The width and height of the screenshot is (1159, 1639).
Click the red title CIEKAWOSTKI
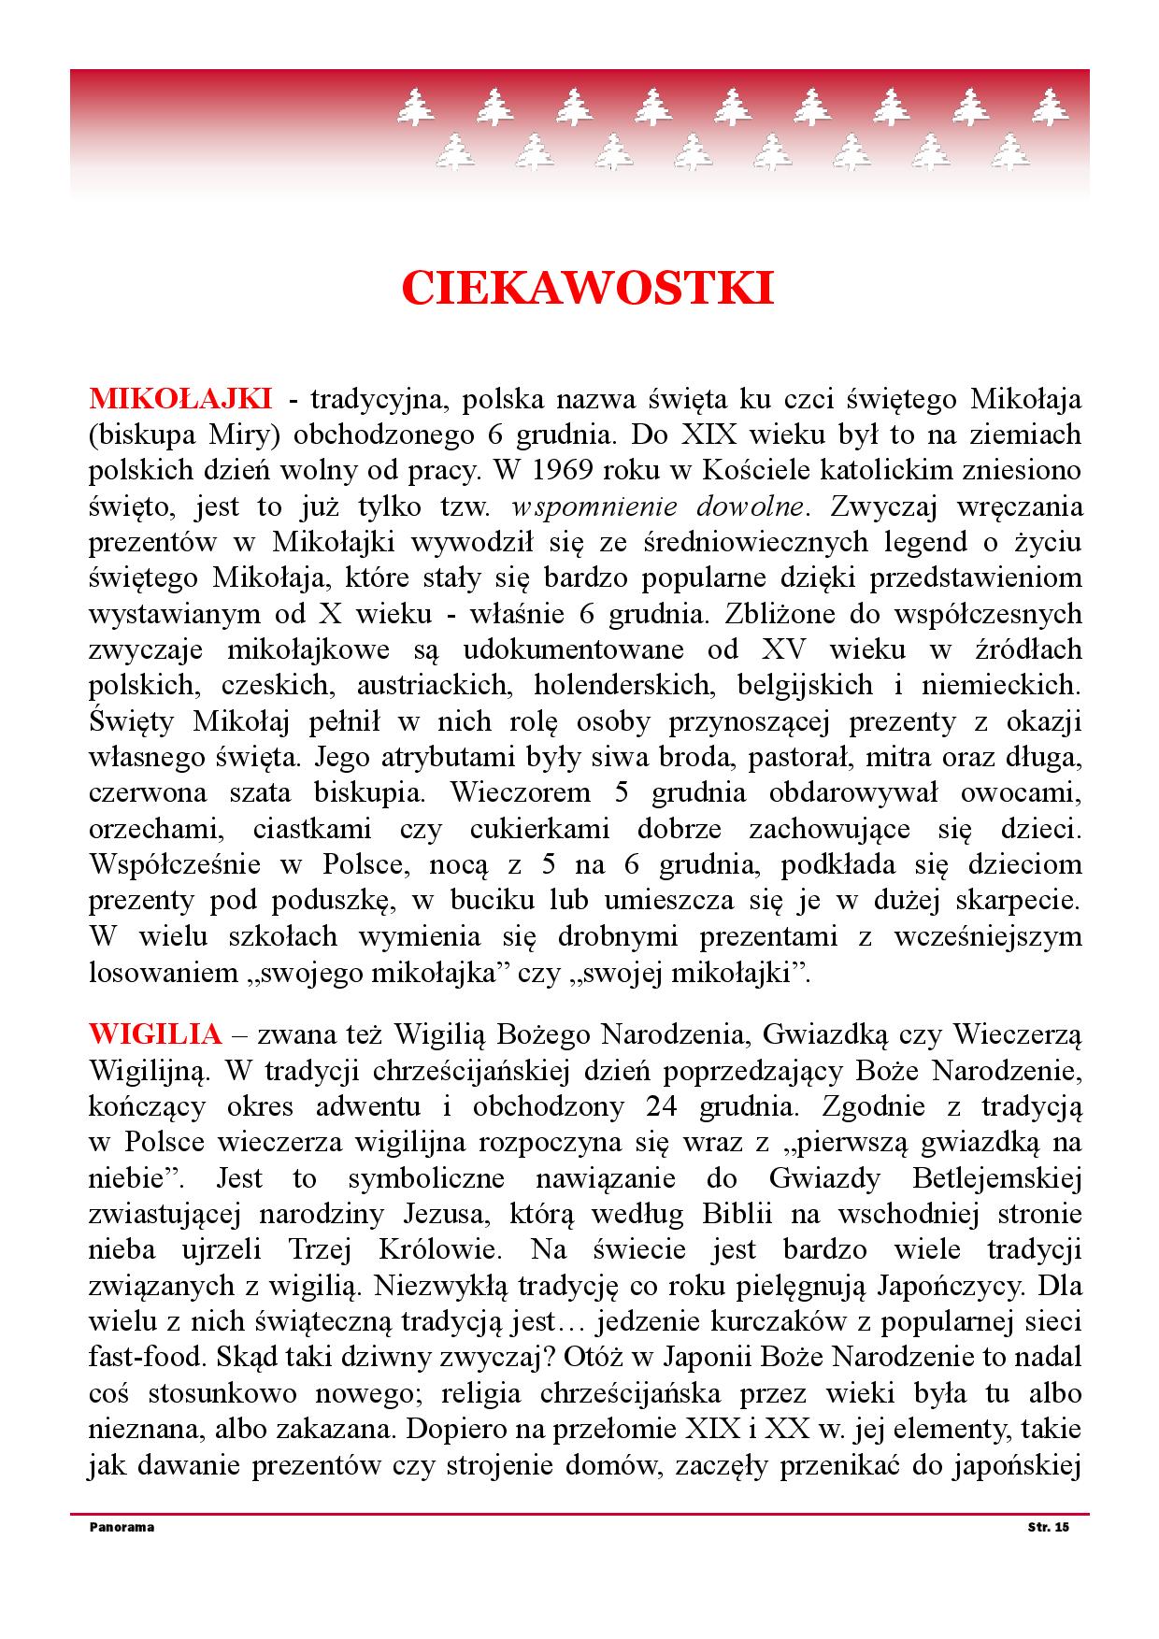587,288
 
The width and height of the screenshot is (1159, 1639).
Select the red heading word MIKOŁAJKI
180,399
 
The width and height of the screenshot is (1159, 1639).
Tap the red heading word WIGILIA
155,1034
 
